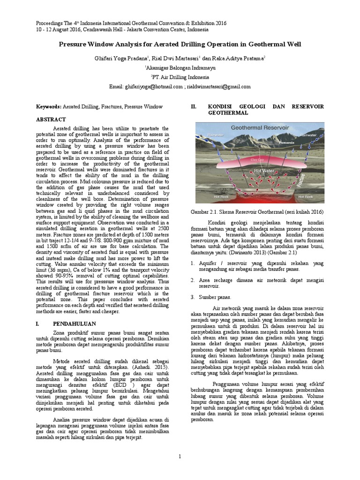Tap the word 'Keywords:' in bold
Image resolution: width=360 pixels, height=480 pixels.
point(49,107)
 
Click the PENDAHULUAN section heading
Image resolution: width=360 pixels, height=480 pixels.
point(75,323)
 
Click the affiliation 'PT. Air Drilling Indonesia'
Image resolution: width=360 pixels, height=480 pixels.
point(180,77)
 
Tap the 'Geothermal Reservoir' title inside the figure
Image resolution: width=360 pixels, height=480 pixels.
point(250,128)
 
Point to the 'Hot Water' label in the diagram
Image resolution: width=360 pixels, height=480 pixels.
point(263,171)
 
